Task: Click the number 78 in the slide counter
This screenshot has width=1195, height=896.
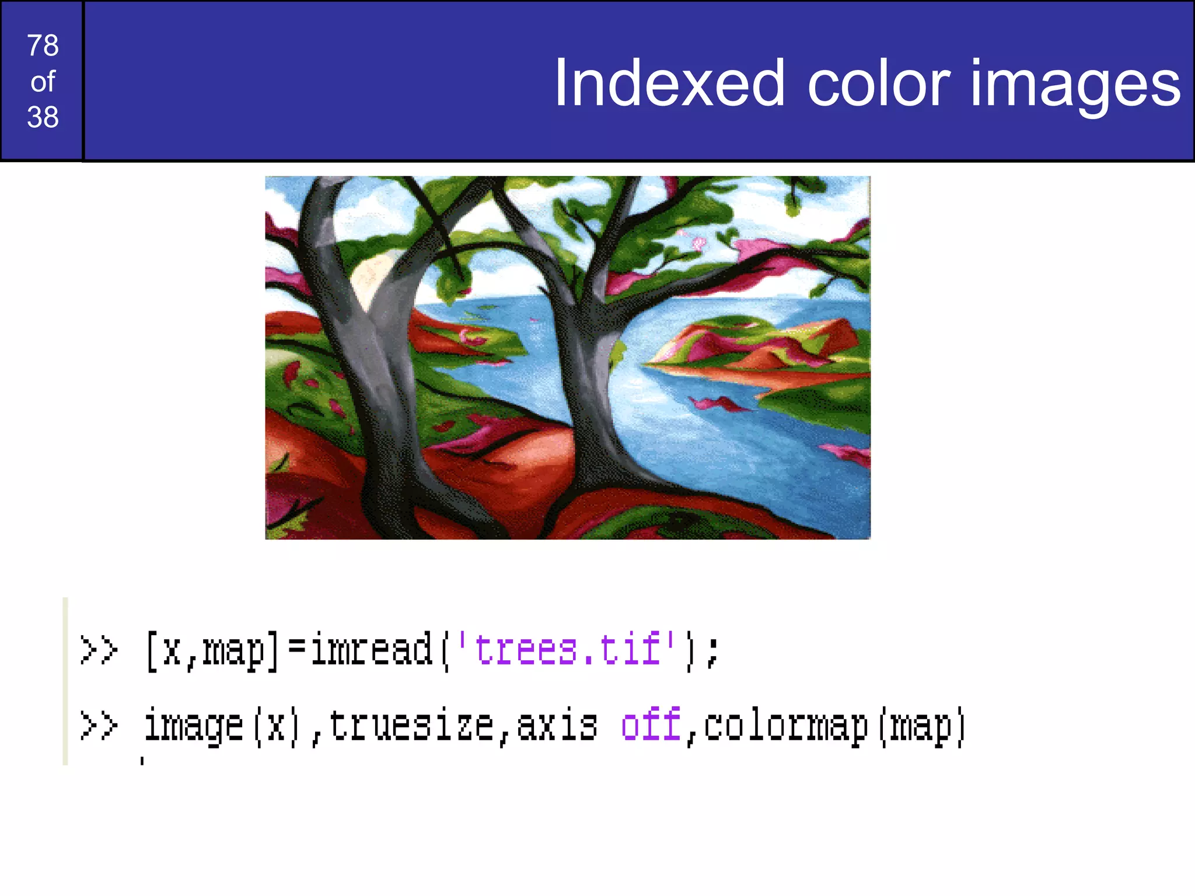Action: coord(43,45)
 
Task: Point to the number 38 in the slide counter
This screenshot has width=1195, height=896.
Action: coord(43,117)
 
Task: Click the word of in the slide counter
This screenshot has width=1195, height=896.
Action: coord(43,82)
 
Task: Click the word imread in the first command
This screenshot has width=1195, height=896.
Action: coord(371,649)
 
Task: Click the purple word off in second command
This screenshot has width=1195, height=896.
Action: coord(651,724)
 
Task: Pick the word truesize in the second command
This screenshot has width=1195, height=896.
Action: coord(411,726)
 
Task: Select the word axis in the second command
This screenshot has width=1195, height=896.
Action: coord(557,726)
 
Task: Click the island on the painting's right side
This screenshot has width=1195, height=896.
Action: coord(759,350)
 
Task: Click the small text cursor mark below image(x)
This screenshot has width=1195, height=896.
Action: coord(142,760)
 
